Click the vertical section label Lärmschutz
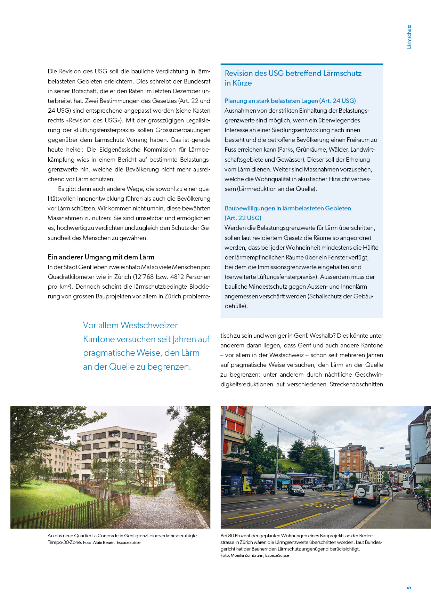[x=409, y=37]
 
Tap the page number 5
[x=409, y=588]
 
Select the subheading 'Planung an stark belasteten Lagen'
[x=271, y=101]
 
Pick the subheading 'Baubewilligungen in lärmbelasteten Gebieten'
[x=287, y=208]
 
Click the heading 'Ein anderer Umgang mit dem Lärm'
[x=101, y=257]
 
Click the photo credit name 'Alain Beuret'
[x=104, y=543]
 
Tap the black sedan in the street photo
[x=296, y=490]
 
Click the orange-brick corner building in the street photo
[x=352, y=459]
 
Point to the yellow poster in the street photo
[x=248, y=484]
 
